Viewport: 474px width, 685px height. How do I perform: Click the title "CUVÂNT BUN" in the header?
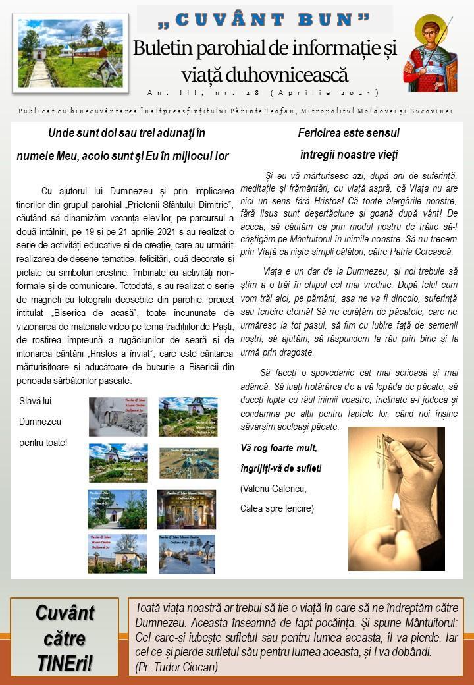click(x=265, y=20)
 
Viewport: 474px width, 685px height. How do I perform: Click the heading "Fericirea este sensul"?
click(x=348, y=133)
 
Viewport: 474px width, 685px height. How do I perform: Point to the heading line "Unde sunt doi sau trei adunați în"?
click(x=126, y=133)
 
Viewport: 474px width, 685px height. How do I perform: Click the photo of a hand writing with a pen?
click(x=396, y=498)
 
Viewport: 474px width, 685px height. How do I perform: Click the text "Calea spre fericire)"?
click(x=277, y=508)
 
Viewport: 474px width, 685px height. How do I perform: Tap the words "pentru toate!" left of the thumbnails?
click(x=43, y=443)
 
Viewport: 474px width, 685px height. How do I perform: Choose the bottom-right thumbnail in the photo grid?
click(x=187, y=553)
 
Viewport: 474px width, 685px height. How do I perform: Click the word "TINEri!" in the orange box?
click(x=65, y=662)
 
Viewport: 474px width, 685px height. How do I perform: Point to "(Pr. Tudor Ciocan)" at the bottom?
click(x=176, y=667)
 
